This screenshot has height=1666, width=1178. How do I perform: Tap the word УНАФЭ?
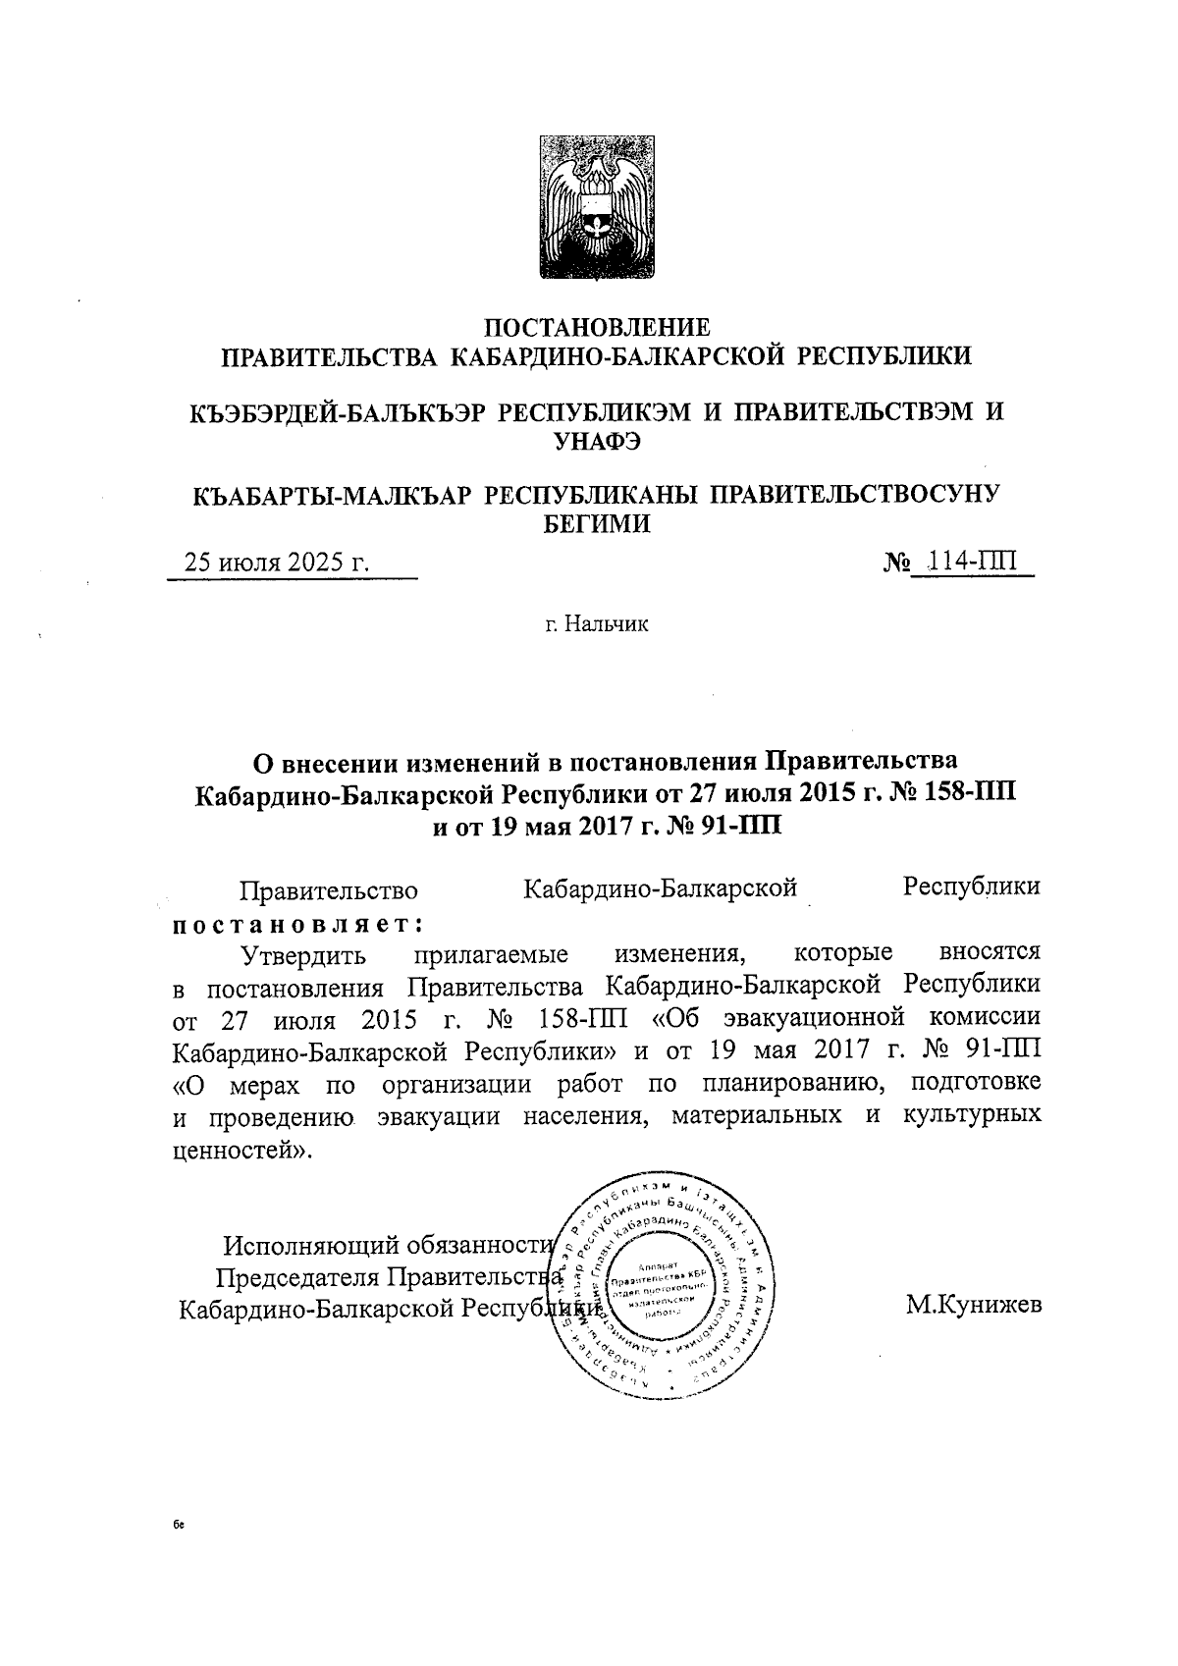tap(598, 442)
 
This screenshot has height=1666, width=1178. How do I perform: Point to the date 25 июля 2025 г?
tap(278, 563)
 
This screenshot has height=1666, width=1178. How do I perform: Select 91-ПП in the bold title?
tap(737, 823)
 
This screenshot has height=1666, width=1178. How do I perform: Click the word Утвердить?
tap(304, 954)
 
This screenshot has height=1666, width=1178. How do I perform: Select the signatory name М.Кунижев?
tap(974, 1305)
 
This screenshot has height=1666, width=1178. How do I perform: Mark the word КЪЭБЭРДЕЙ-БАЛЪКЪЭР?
tap(337, 412)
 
